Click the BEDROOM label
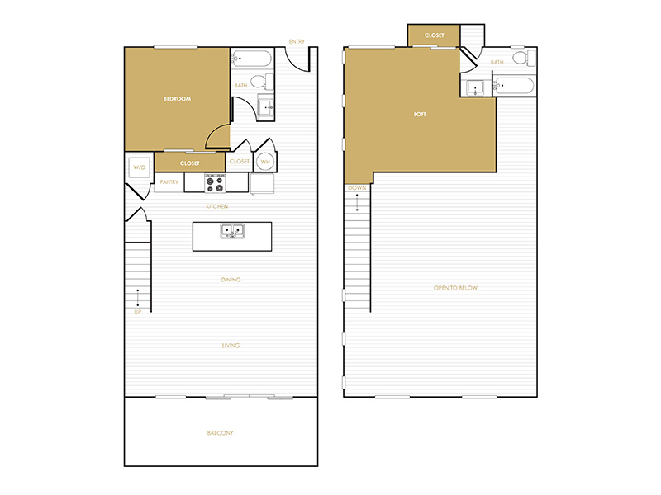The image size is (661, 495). (x=177, y=99)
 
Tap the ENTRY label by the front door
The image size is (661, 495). (x=297, y=42)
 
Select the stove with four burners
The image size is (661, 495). (x=215, y=183)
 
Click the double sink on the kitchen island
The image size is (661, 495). (x=232, y=231)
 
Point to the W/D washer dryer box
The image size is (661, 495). (x=139, y=167)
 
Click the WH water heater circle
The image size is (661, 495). (x=265, y=161)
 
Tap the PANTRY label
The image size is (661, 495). (x=169, y=181)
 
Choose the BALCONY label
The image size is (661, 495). (x=220, y=432)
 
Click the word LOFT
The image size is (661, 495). (x=420, y=114)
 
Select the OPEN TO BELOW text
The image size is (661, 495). (x=456, y=288)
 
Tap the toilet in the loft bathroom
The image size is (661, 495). (x=524, y=57)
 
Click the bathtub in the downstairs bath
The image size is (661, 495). (x=251, y=59)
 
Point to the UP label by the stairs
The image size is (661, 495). (x=137, y=312)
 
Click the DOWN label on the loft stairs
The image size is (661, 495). (x=357, y=188)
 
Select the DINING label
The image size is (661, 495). (x=231, y=280)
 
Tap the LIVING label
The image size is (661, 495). (x=231, y=346)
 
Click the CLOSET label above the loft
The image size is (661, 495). (x=435, y=35)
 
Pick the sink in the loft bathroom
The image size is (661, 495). (x=475, y=88)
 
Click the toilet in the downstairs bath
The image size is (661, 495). (x=262, y=81)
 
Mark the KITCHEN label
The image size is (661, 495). (x=217, y=206)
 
